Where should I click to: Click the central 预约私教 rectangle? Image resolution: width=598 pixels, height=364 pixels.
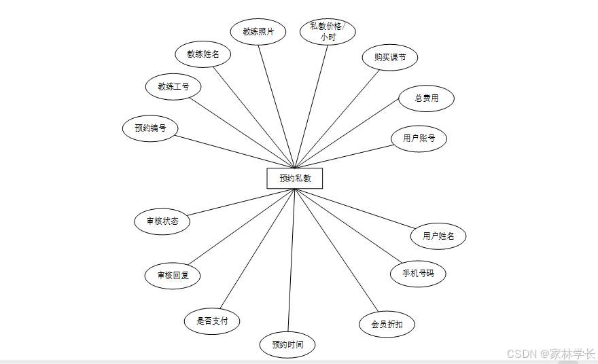(x=294, y=178)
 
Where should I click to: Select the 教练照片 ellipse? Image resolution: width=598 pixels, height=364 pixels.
(x=258, y=31)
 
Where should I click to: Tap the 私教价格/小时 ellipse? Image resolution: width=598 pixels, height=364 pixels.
(x=328, y=31)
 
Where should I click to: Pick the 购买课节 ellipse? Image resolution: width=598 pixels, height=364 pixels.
(x=390, y=58)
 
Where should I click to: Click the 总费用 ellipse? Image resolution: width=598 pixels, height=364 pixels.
(x=426, y=98)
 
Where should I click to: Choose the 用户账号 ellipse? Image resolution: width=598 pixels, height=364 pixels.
(x=419, y=139)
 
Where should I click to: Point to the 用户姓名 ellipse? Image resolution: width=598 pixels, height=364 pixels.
(x=438, y=236)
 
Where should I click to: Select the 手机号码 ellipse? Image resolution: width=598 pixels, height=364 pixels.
(x=418, y=274)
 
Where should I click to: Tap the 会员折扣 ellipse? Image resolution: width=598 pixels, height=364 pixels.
(x=387, y=324)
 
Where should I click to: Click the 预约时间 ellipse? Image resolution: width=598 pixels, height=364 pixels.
(x=287, y=344)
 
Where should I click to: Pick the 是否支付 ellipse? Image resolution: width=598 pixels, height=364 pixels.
(x=212, y=321)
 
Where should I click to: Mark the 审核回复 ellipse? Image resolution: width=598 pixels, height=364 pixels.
(x=173, y=276)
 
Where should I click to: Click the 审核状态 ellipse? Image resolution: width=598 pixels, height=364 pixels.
(x=162, y=221)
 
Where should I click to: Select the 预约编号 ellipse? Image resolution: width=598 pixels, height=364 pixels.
(x=150, y=128)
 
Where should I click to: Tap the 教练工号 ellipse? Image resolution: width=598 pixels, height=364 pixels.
(x=173, y=86)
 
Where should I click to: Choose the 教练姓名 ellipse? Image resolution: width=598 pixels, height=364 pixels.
(x=203, y=54)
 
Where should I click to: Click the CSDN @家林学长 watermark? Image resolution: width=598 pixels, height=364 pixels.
(x=551, y=354)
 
